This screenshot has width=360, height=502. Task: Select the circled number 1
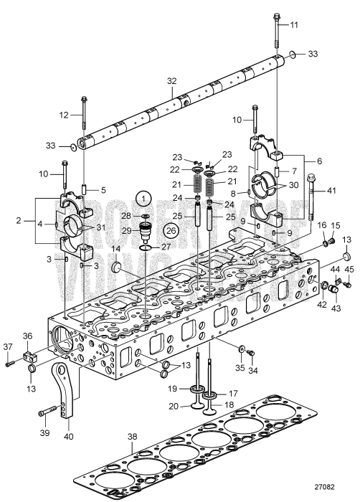coord(145,197)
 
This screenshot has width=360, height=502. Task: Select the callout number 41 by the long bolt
coord(331,191)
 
